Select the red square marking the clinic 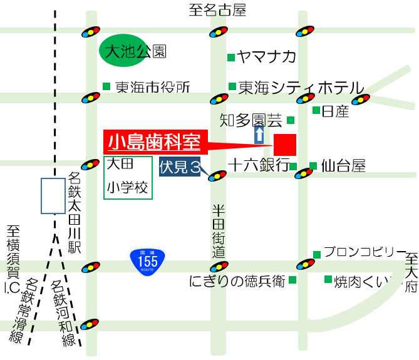click(284, 145)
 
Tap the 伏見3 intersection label click(180, 167)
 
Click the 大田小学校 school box click(128, 178)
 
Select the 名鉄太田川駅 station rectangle click(53, 195)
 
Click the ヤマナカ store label click(267, 57)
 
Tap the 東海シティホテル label click(301, 87)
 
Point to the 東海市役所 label click(152, 88)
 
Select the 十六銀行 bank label click(258, 165)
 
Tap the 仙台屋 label click(343, 166)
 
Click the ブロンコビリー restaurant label click(365, 252)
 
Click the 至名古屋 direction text click(217, 9)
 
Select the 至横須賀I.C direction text click(13, 259)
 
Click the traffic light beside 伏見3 click(217, 176)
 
